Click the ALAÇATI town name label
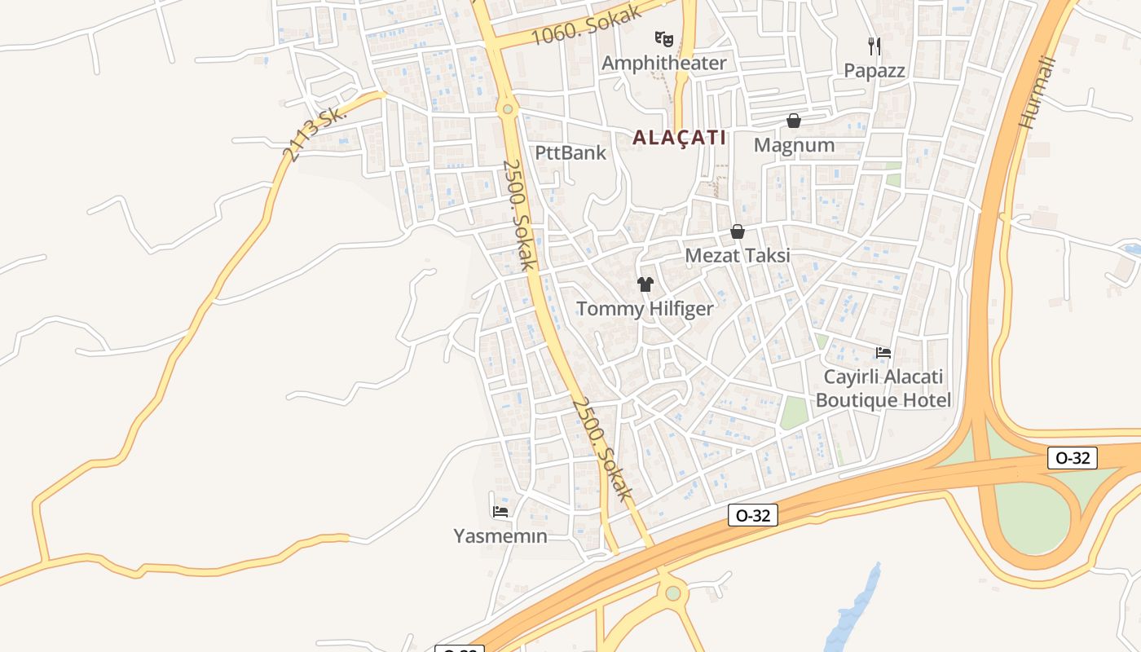679,137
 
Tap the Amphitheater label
663,63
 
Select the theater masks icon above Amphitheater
664,38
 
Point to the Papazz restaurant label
874,71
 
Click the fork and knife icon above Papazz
874,46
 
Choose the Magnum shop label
794,145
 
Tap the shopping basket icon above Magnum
794,121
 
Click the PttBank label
570,152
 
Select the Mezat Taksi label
737,255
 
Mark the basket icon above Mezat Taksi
738,231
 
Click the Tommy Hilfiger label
645,309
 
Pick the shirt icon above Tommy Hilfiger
645,284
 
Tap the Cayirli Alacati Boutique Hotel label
883,389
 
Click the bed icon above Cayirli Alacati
883,353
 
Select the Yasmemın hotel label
500,535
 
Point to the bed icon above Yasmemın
500,512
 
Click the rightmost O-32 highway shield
1073,458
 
